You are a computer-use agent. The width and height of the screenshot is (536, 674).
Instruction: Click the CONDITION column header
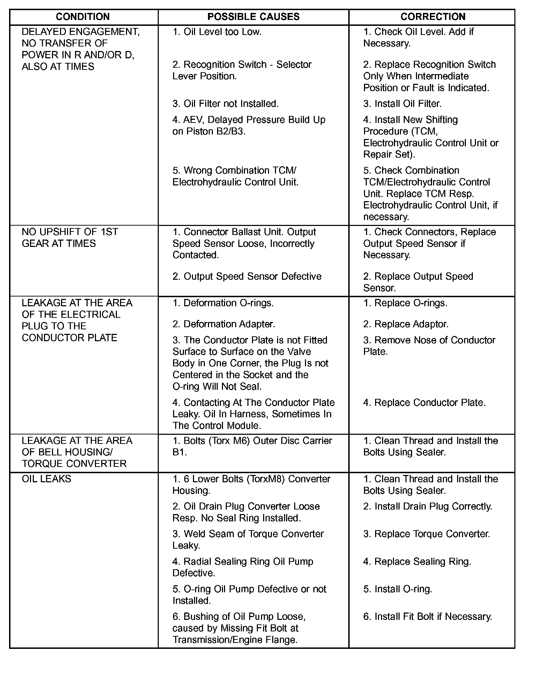pyautogui.click(x=83, y=17)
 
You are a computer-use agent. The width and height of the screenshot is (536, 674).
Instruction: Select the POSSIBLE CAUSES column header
pyautogui.click(x=253, y=17)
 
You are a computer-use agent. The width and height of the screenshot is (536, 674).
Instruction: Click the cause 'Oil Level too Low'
pyautogui.click(x=217, y=32)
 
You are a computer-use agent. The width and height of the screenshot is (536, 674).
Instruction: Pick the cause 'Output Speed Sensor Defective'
pyautogui.click(x=247, y=276)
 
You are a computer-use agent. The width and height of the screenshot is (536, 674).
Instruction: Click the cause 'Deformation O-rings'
pyautogui.click(x=223, y=303)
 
